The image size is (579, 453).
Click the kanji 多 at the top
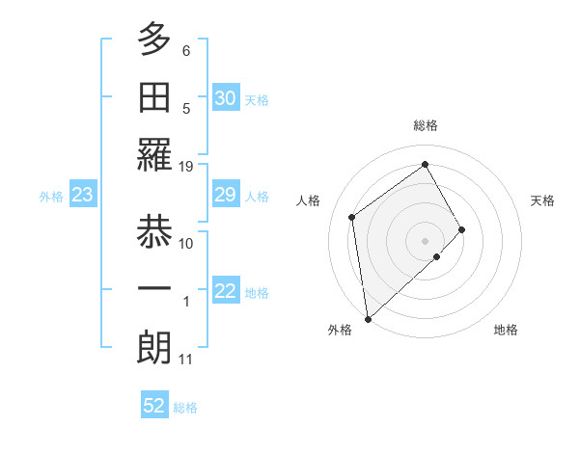coord(154,40)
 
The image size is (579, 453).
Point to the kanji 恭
coord(154,231)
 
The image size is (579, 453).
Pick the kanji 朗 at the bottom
coord(154,349)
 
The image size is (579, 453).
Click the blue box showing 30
coord(226,98)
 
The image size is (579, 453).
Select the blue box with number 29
coord(226,195)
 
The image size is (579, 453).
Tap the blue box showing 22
coord(226,291)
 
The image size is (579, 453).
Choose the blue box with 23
coord(82,195)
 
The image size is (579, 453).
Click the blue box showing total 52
coord(154,406)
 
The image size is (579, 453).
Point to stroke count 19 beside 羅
coord(186,166)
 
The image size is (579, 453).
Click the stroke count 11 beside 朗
coord(186,360)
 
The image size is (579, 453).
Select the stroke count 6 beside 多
coord(186,50)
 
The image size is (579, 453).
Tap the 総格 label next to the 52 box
coord(185,408)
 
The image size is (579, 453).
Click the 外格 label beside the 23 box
coord(51,197)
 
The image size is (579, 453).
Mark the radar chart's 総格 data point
coord(425,164)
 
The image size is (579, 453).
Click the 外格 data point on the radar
coord(368,318)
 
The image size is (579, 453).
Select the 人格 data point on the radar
coord(352,217)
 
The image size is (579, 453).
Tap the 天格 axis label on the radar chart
coord(542,200)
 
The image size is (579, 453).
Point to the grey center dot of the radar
coord(425,239)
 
